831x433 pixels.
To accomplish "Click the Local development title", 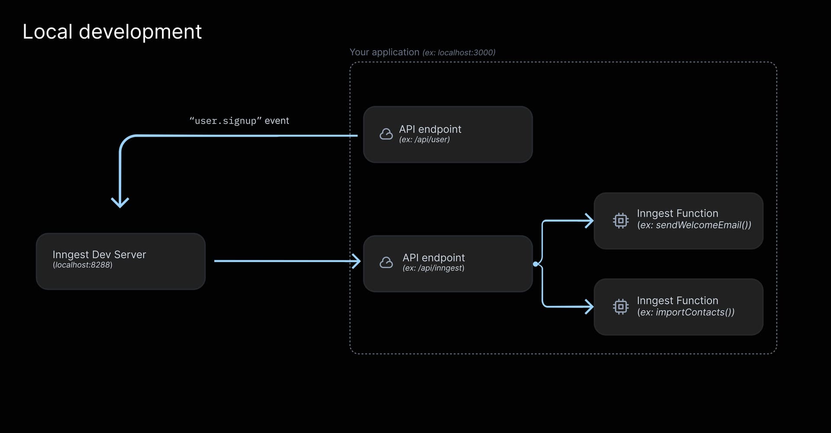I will (x=112, y=32).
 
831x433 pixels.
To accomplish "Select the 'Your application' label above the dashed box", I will (x=384, y=52).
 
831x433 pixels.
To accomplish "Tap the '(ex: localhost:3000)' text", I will (x=459, y=53).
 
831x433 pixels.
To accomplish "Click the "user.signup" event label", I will (x=239, y=121).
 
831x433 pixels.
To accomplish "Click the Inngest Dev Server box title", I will (x=99, y=254).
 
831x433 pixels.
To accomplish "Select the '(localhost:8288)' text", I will (x=82, y=265).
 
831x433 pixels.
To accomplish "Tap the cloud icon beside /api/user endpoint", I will (x=386, y=134).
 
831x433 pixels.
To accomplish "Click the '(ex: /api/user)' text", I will (x=424, y=140).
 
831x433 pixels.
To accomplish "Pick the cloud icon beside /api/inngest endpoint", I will (x=386, y=262).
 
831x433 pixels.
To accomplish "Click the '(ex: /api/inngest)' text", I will (x=433, y=268).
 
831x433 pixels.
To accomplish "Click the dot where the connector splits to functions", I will (x=536, y=264).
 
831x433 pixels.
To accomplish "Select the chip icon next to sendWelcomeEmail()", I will (x=621, y=221).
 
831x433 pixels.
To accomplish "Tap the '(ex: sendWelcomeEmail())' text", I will (x=694, y=225).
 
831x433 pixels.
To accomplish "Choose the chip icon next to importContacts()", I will (x=621, y=307).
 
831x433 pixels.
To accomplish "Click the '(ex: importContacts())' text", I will (x=686, y=312).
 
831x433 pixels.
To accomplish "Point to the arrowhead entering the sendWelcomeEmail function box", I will (x=589, y=221).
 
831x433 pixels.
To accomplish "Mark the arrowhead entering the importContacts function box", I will (x=589, y=307).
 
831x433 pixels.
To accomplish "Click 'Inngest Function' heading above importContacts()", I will (x=677, y=301).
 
